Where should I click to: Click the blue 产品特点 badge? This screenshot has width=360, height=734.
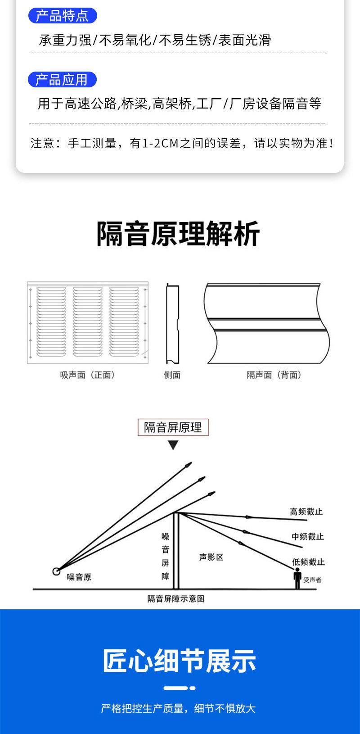click(x=63, y=16)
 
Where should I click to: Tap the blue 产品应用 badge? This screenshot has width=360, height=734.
click(x=62, y=80)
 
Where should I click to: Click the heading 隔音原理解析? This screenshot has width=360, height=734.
click(x=179, y=234)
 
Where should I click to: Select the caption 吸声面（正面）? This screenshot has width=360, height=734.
click(x=87, y=375)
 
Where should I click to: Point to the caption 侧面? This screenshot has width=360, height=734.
click(x=172, y=375)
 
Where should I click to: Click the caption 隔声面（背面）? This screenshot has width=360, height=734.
click(x=274, y=375)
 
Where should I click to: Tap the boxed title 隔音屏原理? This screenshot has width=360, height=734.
click(x=173, y=427)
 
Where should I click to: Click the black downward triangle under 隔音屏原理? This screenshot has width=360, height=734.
click(x=173, y=445)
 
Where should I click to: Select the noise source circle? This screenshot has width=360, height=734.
click(x=56, y=571)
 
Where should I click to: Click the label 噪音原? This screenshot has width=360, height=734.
click(x=79, y=577)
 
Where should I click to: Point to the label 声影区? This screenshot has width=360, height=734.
click(x=211, y=557)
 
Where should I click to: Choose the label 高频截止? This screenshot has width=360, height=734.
click(x=306, y=512)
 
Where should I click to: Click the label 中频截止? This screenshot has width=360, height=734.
click(x=308, y=536)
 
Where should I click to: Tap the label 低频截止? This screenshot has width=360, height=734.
click(x=309, y=562)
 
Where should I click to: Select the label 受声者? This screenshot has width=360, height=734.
click(x=312, y=580)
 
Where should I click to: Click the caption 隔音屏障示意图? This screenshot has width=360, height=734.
click(x=176, y=599)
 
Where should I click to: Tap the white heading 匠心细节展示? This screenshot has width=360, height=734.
click(x=180, y=661)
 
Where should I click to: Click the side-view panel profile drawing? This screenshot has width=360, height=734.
click(x=173, y=323)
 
